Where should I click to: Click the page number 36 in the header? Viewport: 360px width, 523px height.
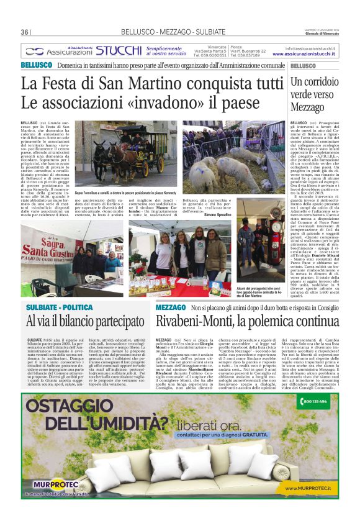(25, 32)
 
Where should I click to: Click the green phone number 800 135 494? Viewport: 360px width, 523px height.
(315, 402)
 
